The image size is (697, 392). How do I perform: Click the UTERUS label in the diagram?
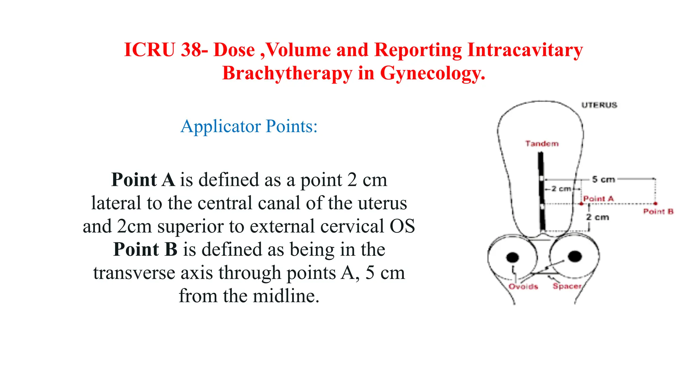coord(599,105)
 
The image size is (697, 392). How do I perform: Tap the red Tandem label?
coord(542,144)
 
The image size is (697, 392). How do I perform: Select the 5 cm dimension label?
coord(603,179)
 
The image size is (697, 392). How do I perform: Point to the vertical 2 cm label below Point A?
coord(597,217)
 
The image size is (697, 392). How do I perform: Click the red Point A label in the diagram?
coord(598,199)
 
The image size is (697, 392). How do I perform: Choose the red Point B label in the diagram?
coord(658,212)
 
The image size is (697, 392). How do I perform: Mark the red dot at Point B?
coord(655,203)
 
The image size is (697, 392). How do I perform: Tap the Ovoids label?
coord(523,287)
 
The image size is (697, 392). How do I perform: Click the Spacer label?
coord(567,286)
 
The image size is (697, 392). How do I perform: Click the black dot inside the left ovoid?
coord(513,258)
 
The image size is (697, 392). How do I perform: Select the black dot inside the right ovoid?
coord(575,256)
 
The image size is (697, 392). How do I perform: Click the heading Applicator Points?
coord(249,127)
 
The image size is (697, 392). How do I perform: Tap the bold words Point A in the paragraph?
coord(143,180)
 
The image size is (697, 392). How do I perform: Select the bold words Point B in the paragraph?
coord(145,249)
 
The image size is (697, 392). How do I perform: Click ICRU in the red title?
coord(149,50)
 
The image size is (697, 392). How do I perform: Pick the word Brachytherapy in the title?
coord(287,73)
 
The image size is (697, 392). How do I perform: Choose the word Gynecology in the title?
coord(432,73)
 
